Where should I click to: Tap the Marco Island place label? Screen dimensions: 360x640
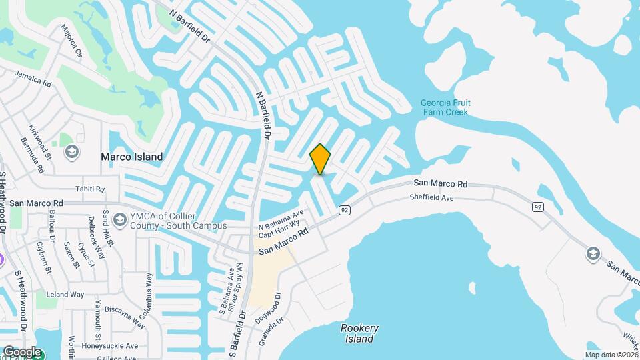click(x=131, y=157)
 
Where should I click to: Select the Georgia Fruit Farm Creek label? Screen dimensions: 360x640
click(x=445, y=107)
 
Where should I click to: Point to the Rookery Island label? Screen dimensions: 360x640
click(x=359, y=333)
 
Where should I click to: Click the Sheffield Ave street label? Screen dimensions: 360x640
click(x=431, y=198)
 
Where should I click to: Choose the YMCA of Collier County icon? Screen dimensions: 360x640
click(x=120, y=219)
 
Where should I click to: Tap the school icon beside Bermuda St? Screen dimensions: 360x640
click(x=71, y=152)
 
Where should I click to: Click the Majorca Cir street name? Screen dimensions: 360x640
click(x=71, y=41)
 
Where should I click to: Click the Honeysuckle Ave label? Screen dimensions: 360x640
click(x=109, y=346)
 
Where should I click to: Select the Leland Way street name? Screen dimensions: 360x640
click(x=65, y=294)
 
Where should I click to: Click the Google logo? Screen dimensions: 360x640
click(x=22, y=352)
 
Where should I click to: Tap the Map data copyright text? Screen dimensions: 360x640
click(x=611, y=355)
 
